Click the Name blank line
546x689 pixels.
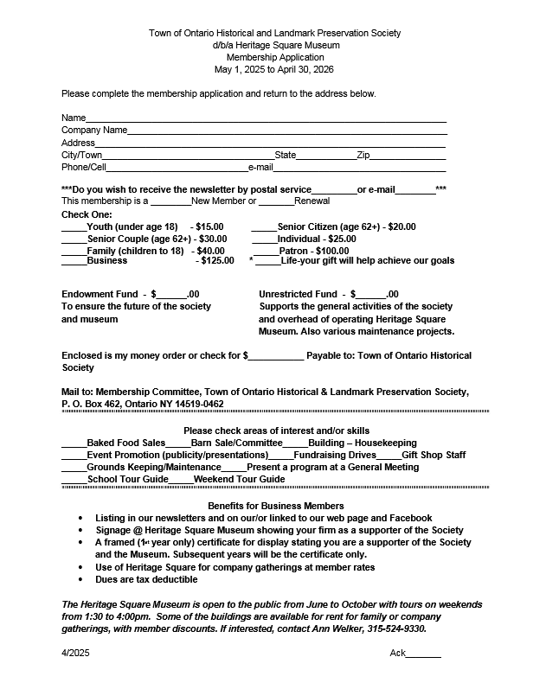[266, 119]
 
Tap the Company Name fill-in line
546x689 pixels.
[287, 131]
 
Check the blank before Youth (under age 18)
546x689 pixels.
[74, 228]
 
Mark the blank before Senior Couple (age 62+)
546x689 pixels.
[74, 239]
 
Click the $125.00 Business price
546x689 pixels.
[217, 260]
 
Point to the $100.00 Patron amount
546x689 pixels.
[328, 251]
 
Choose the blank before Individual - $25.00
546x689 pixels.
[264, 239]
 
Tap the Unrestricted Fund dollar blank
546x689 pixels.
[371, 295]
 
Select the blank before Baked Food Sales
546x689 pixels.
[74, 443]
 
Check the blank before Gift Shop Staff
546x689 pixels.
[389, 456]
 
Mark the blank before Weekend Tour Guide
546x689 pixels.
[180, 480]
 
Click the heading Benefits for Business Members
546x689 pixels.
[276, 506]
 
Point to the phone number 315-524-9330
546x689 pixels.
[400, 629]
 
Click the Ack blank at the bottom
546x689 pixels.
[423, 654]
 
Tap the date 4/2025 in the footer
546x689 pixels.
[75, 654]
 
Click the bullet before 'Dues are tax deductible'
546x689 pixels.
[81, 579]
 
